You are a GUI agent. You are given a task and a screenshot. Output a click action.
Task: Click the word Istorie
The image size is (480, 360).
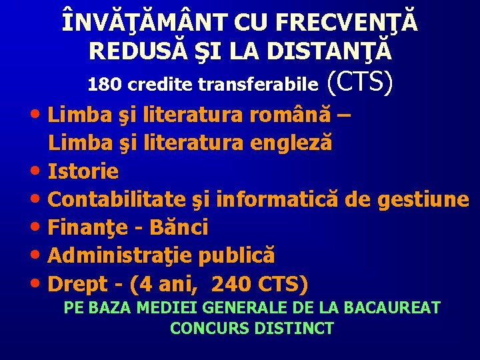83,171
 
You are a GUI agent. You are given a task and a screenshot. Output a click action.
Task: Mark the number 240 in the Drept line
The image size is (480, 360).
228,284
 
